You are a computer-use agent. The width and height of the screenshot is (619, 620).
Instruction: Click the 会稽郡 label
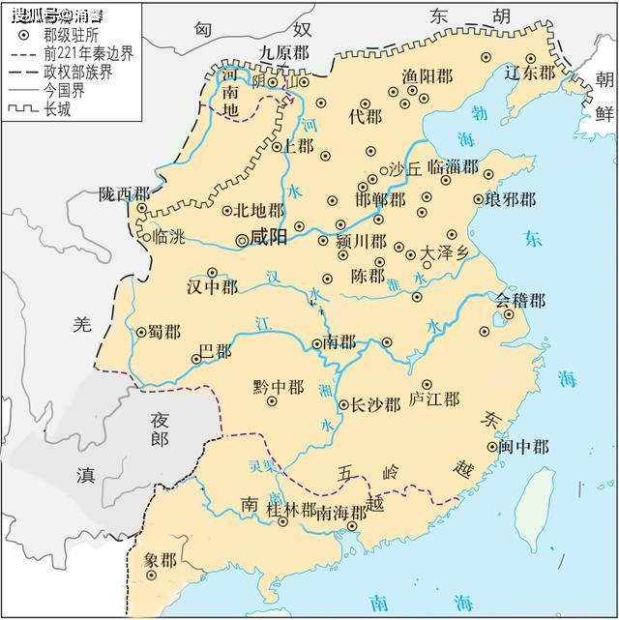pyautogui.click(x=521, y=301)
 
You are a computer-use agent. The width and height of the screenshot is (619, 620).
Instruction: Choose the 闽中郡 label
pyautogui.click(x=524, y=447)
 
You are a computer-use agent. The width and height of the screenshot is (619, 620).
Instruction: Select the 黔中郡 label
pyautogui.click(x=278, y=387)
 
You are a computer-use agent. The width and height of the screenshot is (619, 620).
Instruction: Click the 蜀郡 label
pyautogui.click(x=163, y=332)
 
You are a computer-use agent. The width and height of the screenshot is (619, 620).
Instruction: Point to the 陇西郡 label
pyautogui.click(x=124, y=193)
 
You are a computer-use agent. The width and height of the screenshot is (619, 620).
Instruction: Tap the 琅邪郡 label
pyautogui.click(x=511, y=200)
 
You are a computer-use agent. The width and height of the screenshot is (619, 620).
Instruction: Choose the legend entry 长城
pyautogui.click(x=56, y=109)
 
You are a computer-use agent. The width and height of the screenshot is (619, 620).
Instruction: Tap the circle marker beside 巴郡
pyautogui.click(x=197, y=358)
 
